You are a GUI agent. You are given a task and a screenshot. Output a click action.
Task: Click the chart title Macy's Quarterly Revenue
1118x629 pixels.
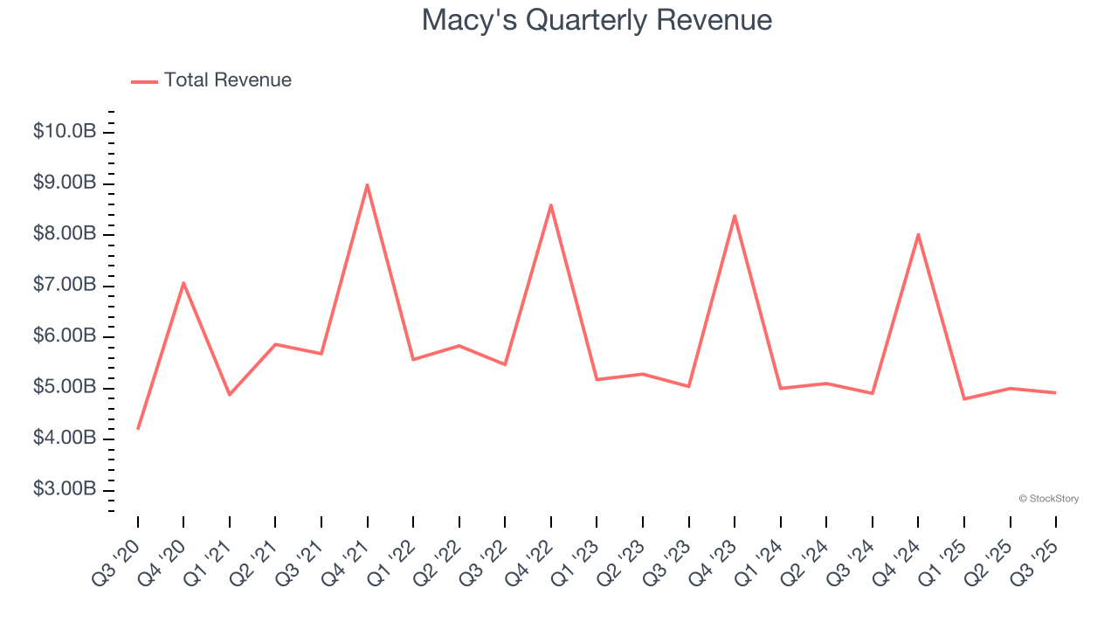coord(597,20)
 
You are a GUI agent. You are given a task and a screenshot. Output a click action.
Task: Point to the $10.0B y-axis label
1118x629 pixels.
coord(65,132)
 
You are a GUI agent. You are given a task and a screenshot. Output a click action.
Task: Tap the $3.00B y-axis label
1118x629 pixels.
coord(65,489)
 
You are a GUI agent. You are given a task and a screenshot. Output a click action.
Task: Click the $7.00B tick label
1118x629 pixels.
coord(65,285)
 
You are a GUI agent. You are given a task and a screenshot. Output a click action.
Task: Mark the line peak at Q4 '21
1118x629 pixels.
coord(368,184)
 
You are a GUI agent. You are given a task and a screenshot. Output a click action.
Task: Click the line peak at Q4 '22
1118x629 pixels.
coord(551,205)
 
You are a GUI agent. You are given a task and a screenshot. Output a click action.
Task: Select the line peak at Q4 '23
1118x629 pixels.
coord(735,215)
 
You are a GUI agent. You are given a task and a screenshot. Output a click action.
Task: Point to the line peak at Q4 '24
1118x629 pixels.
coord(918,234)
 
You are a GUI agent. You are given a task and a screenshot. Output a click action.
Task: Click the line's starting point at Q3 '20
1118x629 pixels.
coord(138,428)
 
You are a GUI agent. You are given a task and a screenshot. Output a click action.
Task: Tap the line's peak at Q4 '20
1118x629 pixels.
coord(183,282)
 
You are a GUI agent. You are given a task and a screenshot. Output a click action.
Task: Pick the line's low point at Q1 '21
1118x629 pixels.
coord(230,395)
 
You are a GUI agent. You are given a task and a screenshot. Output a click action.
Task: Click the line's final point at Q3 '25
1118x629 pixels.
coord(1055,392)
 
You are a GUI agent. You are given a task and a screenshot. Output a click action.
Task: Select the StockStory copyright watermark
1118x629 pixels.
coord(1048,499)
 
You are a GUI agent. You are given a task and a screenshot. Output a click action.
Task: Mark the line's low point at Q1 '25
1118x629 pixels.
coord(964,398)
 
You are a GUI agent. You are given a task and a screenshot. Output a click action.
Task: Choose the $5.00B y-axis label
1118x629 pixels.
coord(65,387)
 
